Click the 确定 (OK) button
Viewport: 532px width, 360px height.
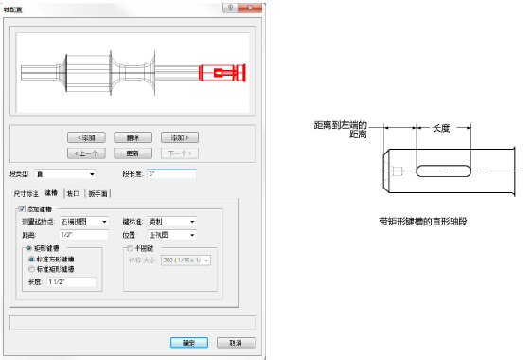182,342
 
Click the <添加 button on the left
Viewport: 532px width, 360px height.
87,137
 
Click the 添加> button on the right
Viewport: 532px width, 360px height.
178,137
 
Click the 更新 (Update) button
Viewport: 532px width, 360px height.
133,152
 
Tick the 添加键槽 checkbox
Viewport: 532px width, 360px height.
22,208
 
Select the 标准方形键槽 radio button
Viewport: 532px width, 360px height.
31,258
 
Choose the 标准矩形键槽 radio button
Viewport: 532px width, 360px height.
31,269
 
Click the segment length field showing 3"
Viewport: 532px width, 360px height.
170,174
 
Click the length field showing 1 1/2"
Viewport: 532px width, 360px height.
71,281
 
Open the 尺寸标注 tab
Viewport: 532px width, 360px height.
26,192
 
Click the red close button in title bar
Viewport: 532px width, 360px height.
248,6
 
